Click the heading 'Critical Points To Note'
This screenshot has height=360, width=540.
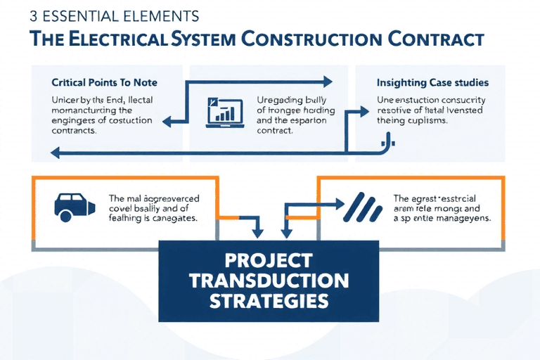tap(104, 83)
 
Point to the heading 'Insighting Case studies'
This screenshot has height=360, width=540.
tap(433, 83)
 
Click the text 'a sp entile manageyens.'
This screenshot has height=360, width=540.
tap(441, 219)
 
